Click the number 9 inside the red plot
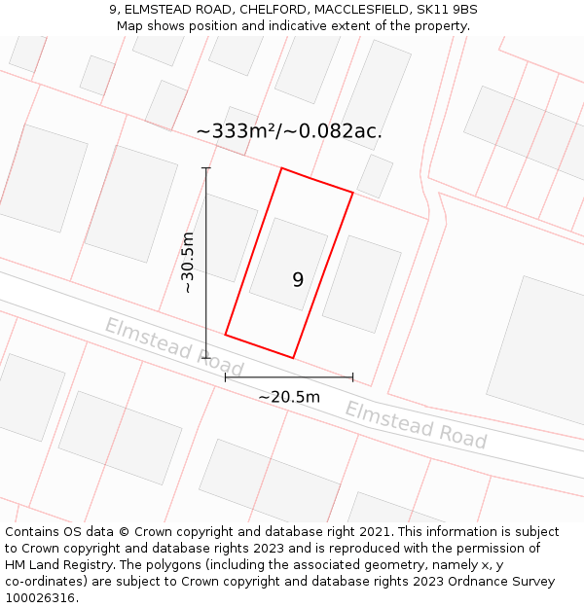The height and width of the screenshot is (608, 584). pyautogui.click(x=298, y=280)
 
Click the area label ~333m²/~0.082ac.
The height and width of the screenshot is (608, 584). pyautogui.click(x=289, y=131)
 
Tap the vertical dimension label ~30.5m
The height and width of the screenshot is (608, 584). pyautogui.click(x=188, y=263)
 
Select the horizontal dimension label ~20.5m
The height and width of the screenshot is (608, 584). pyautogui.click(x=289, y=397)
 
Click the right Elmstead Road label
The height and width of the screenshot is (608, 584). pyautogui.click(x=416, y=425)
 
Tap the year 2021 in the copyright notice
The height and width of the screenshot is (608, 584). pyautogui.click(x=375, y=532)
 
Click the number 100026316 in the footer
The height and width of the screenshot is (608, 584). pyautogui.click(x=41, y=598)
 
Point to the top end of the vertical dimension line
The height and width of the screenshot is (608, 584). pyautogui.click(x=206, y=168)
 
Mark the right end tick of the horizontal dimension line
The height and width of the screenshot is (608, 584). pyautogui.click(x=352, y=377)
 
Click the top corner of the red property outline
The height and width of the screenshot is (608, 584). pyautogui.click(x=282, y=169)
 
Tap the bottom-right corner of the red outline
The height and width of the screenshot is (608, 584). pyautogui.click(x=293, y=357)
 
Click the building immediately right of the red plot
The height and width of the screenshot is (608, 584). pyautogui.click(x=361, y=283)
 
